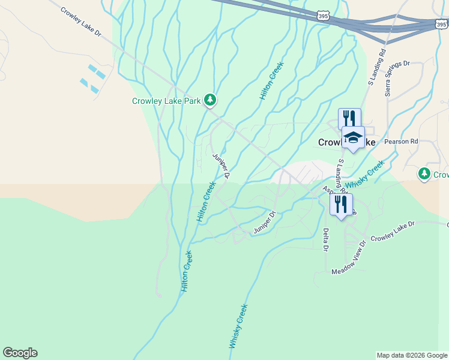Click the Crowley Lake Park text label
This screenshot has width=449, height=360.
166,101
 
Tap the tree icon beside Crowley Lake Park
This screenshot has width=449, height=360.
209,100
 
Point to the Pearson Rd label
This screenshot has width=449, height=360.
401,142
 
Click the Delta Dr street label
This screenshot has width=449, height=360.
326,239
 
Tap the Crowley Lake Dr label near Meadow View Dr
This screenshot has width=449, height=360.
393,232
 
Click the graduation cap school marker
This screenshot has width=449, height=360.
353,137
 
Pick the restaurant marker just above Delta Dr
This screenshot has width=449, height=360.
341,204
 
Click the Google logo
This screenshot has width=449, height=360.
20,353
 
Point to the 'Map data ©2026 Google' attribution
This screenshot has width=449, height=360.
412,355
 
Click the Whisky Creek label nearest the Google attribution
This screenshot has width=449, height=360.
238,326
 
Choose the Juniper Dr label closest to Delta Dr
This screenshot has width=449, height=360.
264,222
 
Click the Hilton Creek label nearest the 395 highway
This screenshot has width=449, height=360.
271,80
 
